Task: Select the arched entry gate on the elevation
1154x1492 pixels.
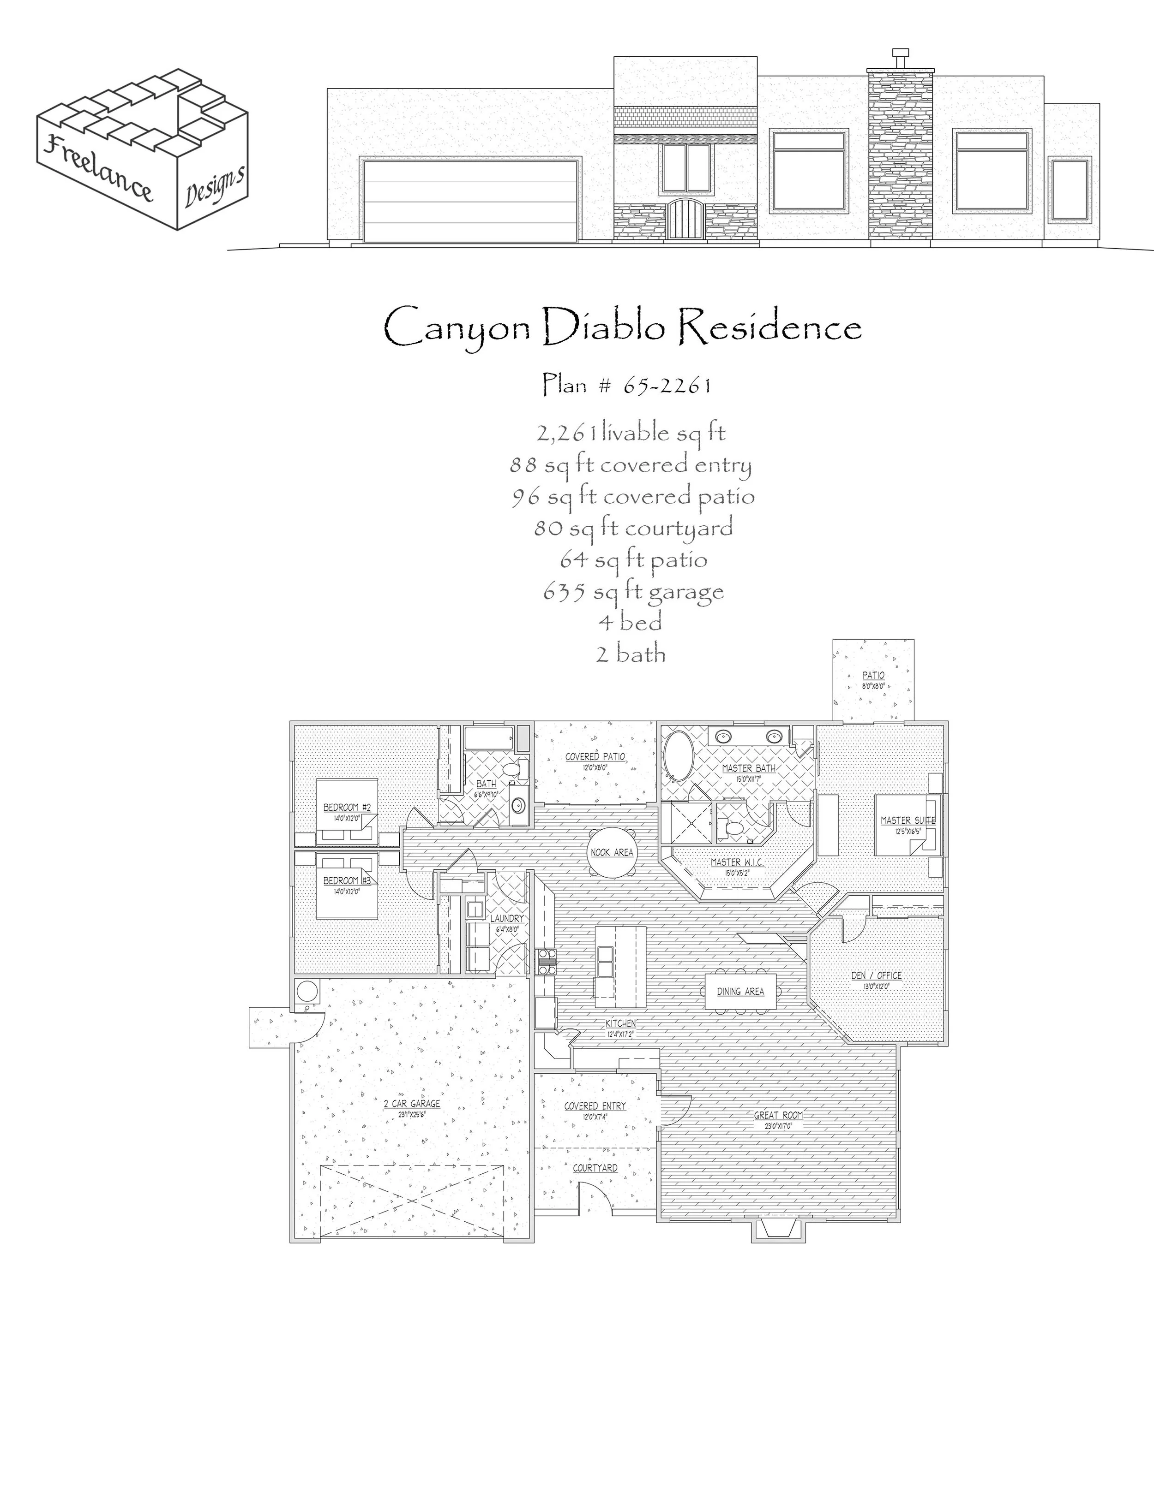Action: coord(685,219)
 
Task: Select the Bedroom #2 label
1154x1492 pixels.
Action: coord(347,808)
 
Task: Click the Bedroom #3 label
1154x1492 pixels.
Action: coord(347,880)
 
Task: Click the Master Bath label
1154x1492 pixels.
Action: coord(749,768)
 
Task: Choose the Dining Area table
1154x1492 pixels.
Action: coord(740,991)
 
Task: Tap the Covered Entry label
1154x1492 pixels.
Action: coord(595,1106)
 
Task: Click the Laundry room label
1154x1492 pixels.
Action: coord(506,919)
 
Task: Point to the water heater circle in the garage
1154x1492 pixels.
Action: coord(307,991)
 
